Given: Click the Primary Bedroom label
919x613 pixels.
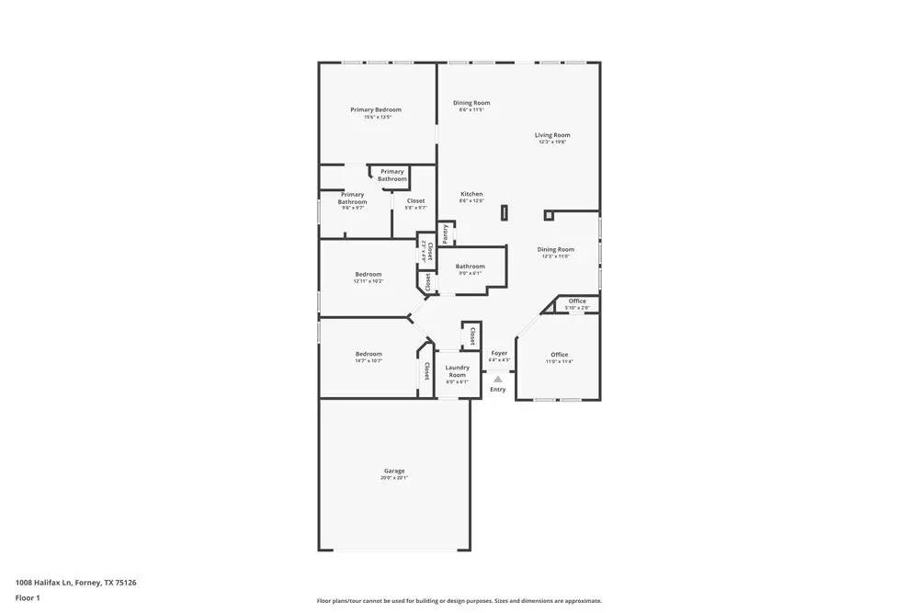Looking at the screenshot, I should point(376,109).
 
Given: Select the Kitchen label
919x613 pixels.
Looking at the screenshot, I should point(471,194).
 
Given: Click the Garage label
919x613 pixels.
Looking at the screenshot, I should point(394,471).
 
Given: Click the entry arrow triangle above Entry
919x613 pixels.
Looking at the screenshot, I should point(498,379).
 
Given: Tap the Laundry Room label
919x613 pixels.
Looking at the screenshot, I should point(457,371).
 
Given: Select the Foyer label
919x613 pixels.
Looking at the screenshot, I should point(499,353).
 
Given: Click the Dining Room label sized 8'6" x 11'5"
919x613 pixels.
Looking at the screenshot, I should point(471,103).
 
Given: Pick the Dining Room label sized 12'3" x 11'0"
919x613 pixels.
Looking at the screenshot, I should point(556,249).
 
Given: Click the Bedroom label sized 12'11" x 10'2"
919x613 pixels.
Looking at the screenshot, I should point(369,274).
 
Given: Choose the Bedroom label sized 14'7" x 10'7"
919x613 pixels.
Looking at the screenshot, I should point(369,354).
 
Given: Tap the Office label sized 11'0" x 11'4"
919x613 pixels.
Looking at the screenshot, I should point(560,355).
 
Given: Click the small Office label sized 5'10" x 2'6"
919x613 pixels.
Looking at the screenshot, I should point(577,301).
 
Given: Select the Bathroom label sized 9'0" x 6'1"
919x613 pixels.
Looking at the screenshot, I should point(470,267).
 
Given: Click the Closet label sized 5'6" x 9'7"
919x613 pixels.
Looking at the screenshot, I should point(415,201).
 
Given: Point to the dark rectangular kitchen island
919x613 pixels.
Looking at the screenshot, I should point(504,213).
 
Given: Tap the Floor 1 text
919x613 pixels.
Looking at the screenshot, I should point(28,598).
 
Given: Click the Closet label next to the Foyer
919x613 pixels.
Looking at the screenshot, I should point(472,334).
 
